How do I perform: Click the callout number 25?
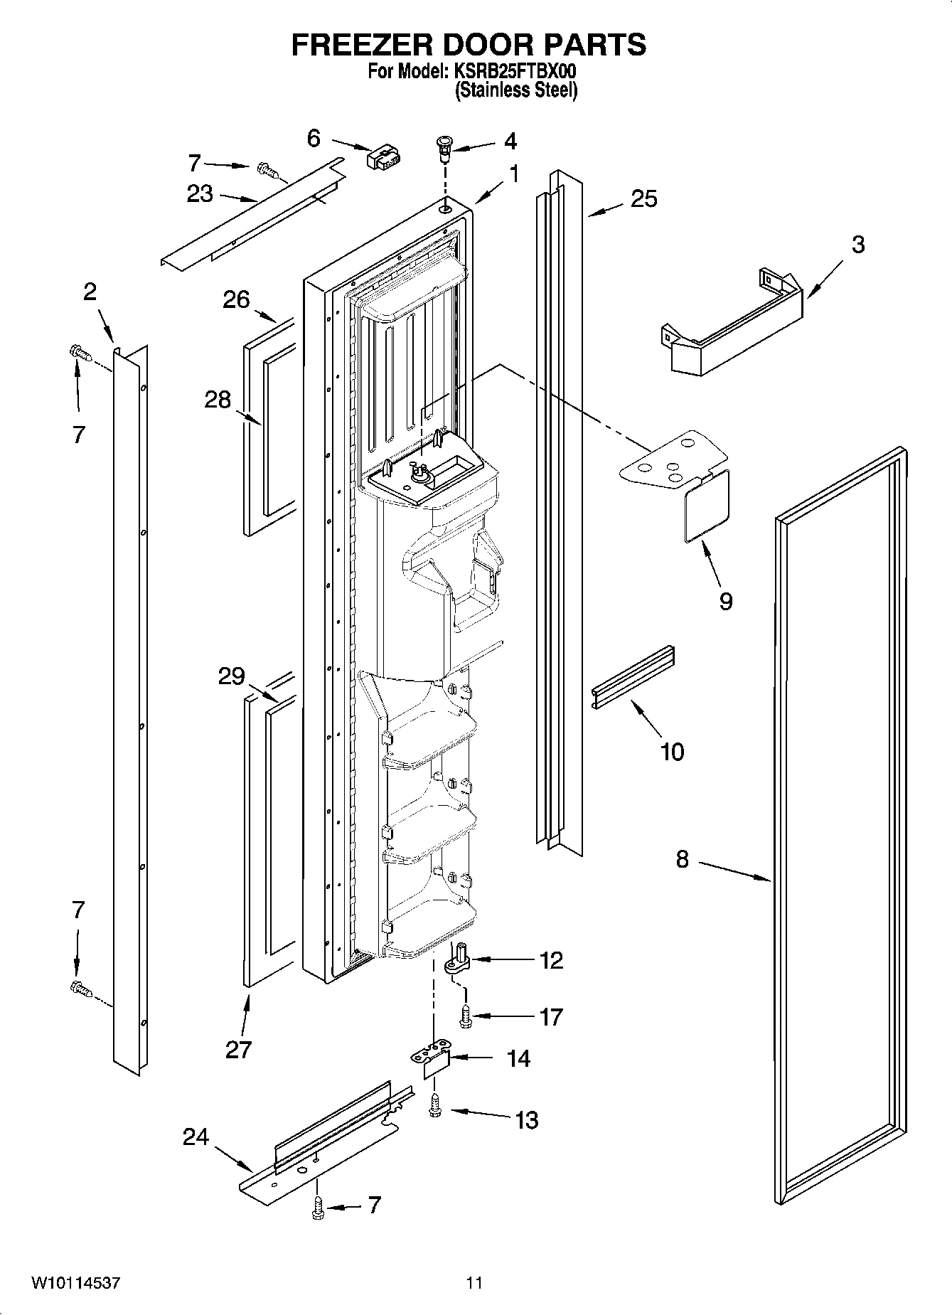coord(643,198)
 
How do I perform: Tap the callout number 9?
coord(725,601)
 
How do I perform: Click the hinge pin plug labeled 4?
coord(444,147)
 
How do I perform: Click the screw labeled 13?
coord(435,1107)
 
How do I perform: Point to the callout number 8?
coord(682,859)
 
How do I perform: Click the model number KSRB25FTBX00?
coord(509,72)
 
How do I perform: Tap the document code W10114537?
coord(75,1283)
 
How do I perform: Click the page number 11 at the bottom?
coord(474,1283)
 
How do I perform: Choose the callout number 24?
coord(196,1137)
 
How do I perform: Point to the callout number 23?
coord(200,193)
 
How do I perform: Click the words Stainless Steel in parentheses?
coord(516,90)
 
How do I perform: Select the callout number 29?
coord(232,676)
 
